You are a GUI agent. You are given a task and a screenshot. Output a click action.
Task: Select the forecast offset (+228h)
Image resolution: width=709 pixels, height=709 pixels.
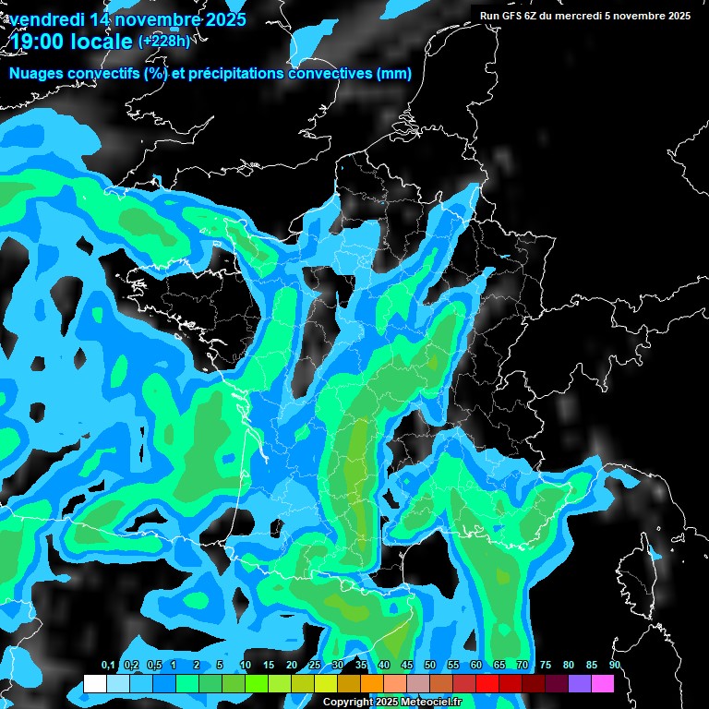pos(163,42)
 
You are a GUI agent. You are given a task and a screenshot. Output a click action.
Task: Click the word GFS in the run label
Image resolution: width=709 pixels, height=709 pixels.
pos(509,16)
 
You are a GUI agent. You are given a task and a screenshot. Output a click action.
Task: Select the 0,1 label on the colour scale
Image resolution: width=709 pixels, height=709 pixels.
pos(108,665)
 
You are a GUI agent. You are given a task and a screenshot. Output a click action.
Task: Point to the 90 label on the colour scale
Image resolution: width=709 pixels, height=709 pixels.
pos(614,665)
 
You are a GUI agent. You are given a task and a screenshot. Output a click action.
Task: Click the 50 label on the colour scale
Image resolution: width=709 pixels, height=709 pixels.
pos(430,665)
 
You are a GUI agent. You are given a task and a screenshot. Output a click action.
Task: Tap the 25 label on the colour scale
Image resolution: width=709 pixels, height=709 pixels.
pos(315,665)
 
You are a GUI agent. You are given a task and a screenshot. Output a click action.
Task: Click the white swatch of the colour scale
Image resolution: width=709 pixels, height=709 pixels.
pos(94,683)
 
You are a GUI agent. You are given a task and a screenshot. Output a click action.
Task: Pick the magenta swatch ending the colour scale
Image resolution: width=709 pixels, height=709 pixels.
pos(602,683)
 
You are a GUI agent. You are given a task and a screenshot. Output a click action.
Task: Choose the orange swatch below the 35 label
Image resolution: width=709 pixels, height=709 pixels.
pos(371,683)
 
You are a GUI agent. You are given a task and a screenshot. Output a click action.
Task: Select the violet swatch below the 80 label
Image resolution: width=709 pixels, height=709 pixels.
pos(579,683)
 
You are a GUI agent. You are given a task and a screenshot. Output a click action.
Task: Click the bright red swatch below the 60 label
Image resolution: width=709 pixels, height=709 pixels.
pos(487,683)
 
